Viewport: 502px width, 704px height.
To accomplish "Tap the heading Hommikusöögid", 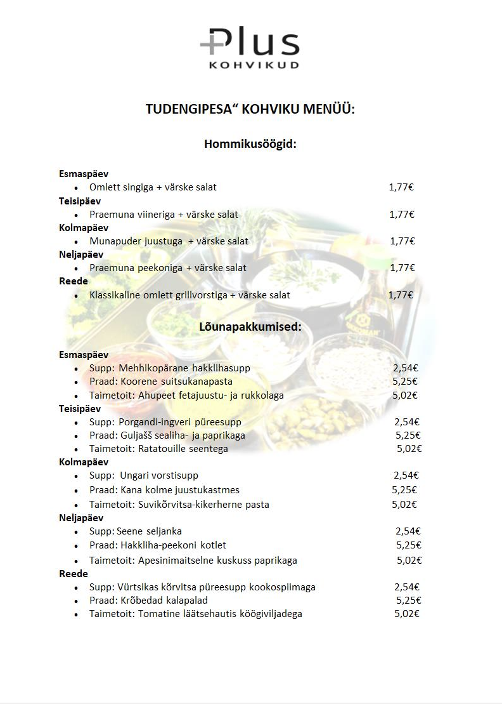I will tap(250, 144).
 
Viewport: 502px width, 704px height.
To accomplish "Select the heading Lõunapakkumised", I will tap(250, 327).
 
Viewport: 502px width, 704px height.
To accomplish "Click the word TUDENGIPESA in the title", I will tap(184, 109).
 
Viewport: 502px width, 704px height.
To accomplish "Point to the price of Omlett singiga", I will tap(401, 187).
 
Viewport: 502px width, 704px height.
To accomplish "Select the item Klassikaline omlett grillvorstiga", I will tap(159, 295).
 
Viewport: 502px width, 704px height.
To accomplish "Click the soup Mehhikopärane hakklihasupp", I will tap(184, 368).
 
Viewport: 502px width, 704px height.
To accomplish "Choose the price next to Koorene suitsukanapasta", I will tap(405, 382).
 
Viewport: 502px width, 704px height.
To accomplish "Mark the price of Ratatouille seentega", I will tap(409, 448).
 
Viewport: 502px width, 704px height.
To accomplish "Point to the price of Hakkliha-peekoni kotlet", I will tap(409, 545).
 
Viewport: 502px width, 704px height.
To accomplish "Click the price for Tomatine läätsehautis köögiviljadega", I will tap(407, 614).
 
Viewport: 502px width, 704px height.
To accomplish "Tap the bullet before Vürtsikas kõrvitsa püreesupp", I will tap(76, 588).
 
